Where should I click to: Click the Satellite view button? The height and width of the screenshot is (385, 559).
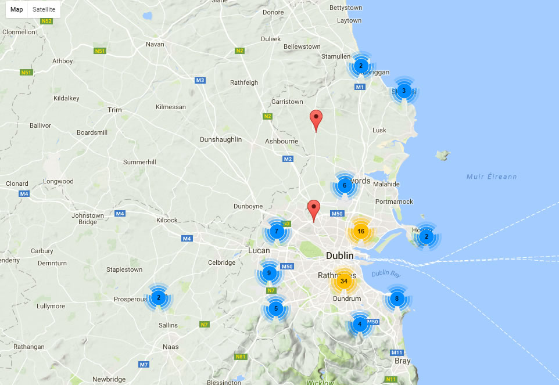tap(44, 9)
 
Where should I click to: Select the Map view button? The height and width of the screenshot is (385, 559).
tap(17, 9)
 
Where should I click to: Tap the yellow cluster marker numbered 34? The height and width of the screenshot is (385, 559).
tap(343, 282)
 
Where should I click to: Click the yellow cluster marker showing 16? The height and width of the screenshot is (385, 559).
tap(360, 231)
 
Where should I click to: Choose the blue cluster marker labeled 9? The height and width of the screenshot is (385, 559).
tap(268, 273)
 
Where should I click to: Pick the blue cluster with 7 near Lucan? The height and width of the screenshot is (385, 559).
tap(277, 231)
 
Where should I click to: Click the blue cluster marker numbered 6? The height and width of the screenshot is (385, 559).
tap(344, 186)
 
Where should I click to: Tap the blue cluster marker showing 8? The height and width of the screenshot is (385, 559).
tap(397, 299)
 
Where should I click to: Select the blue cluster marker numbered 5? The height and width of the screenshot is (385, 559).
tap(276, 308)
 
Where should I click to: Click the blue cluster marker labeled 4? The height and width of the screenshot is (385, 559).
tap(360, 324)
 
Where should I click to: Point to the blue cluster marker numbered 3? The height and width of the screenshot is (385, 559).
tap(404, 90)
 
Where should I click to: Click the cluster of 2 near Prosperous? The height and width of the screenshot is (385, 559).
tap(157, 297)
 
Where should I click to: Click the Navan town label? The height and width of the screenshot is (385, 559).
tap(155, 44)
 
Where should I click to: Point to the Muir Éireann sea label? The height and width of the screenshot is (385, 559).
tap(491, 177)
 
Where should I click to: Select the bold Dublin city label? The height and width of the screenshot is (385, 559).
tap(340, 256)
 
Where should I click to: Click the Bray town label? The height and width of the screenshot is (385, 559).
tap(402, 361)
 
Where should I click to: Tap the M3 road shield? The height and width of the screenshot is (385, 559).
tap(200, 80)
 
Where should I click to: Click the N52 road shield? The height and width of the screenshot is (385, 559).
tap(47, 21)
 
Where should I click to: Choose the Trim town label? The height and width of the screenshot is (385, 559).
tap(114, 110)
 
